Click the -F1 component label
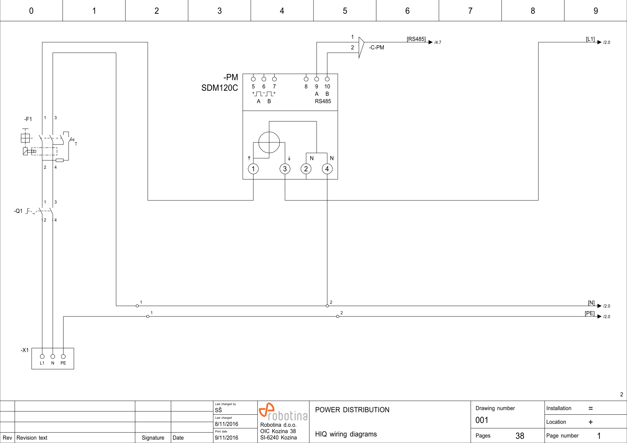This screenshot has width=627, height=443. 28,119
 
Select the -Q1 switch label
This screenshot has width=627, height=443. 18,211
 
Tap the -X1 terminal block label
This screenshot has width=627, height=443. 25,350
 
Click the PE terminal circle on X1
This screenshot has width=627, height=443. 63,356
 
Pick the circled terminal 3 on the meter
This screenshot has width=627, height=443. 285,169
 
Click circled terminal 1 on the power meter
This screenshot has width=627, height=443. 253,169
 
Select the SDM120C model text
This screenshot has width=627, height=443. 220,88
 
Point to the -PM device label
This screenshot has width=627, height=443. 231,77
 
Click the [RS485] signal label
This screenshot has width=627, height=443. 416,39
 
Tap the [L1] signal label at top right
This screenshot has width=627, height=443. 590,39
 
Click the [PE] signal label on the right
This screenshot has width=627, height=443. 590,313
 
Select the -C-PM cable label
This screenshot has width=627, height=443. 376,48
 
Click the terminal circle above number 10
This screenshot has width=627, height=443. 327,79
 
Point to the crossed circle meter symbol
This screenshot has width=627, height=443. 269,142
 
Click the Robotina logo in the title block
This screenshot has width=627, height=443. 283,412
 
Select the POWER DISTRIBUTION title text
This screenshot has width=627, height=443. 352,410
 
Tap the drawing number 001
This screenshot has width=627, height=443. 482,420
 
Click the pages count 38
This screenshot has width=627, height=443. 520,436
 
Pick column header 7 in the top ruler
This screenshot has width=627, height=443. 470,11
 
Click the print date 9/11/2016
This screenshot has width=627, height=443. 226,438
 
